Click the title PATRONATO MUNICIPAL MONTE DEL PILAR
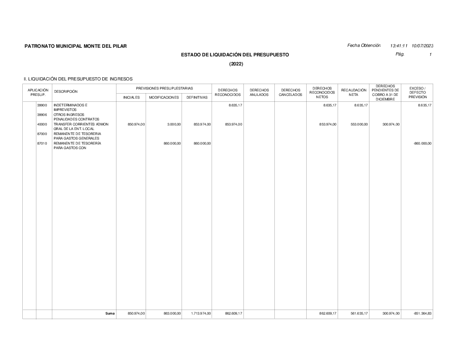[x=76, y=46]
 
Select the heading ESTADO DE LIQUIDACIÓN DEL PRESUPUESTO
[x=235, y=55]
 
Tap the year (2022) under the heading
[x=236, y=64]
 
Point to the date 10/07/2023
[x=422, y=46]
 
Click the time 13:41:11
[x=399, y=46]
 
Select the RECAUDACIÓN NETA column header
[x=354, y=93]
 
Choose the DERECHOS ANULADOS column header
[x=259, y=93]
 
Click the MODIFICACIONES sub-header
[x=164, y=97]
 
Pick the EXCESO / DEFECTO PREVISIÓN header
[x=417, y=93]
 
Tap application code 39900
[x=42, y=105]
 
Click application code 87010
[x=42, y=143]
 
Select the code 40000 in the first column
[x=42, y=124]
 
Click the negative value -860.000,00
[x=421, y=143]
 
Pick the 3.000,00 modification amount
[x=174, y=124]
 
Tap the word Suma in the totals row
[x=110, y=314]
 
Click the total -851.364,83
[x=421, y=314]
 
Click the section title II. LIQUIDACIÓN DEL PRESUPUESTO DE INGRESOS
[x=78, y=79]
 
